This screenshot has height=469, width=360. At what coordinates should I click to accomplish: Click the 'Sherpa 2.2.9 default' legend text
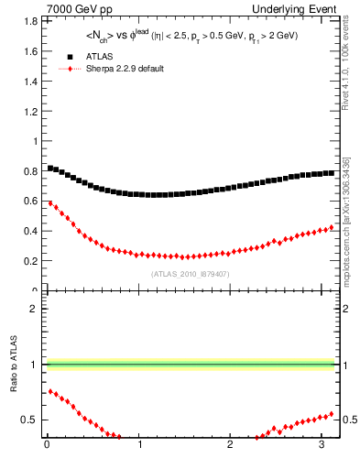126,69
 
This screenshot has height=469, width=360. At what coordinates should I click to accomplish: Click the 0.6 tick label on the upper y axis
27,202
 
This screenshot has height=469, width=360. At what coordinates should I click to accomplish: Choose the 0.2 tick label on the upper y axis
27,261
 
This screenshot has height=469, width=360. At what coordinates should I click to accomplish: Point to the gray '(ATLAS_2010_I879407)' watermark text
190,273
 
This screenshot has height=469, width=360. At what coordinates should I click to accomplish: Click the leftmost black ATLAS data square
49,168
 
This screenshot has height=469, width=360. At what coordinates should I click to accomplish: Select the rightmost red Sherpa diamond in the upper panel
332,227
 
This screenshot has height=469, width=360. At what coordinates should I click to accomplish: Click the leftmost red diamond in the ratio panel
49,390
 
